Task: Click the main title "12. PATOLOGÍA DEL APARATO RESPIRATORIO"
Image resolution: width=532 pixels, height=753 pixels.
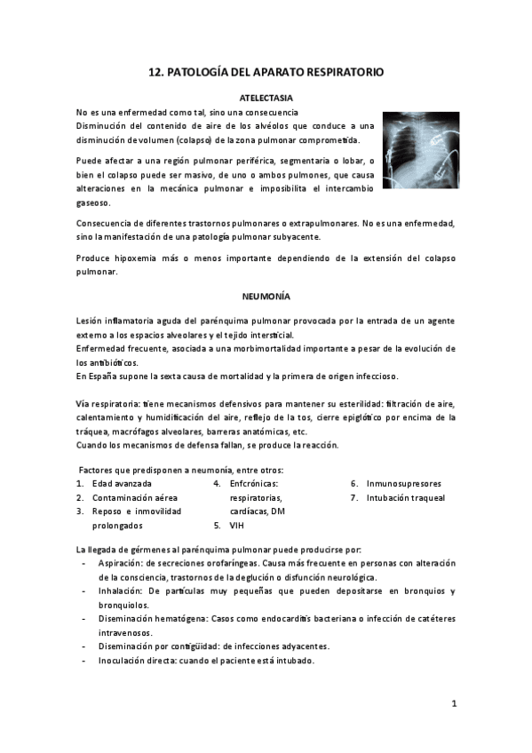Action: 266,73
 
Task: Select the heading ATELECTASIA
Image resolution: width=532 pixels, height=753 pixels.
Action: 266,97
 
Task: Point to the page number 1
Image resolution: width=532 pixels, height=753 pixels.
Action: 453,704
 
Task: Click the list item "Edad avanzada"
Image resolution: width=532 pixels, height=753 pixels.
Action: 122,484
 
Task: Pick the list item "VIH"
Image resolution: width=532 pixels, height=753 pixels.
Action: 236,526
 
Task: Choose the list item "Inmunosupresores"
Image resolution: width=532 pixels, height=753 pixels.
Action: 403,484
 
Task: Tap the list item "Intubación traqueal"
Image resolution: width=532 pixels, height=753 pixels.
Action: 406,498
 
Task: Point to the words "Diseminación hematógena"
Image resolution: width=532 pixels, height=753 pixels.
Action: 150,618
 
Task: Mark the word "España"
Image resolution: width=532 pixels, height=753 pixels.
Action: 99,376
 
